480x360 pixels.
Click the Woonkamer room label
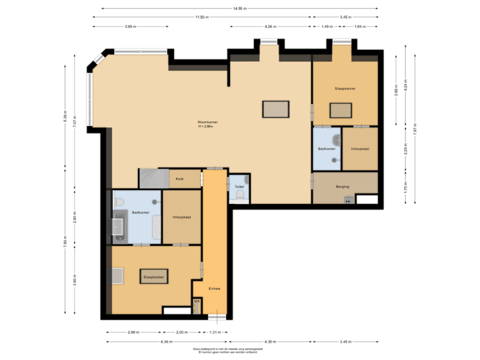(207, 122)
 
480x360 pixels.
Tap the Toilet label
(239, 187)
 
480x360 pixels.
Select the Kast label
(179, 179)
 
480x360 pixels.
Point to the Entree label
(214, 289)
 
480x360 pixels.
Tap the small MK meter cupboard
(196, 302)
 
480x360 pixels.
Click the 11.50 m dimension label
(202, 17)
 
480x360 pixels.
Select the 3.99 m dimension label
(131, 27)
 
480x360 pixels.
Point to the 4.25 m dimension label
(269, 27)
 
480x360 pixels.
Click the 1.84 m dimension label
(360, 27)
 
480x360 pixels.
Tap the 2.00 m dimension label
(181, 331)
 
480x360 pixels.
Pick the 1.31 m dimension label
(215, 331)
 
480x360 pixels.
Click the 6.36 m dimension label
(166, 341)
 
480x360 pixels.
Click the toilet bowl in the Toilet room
(246, 179)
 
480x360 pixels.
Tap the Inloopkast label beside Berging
(359, 149)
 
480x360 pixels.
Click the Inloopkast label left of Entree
(181, 217)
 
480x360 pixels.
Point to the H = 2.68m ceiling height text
(207, 127)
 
